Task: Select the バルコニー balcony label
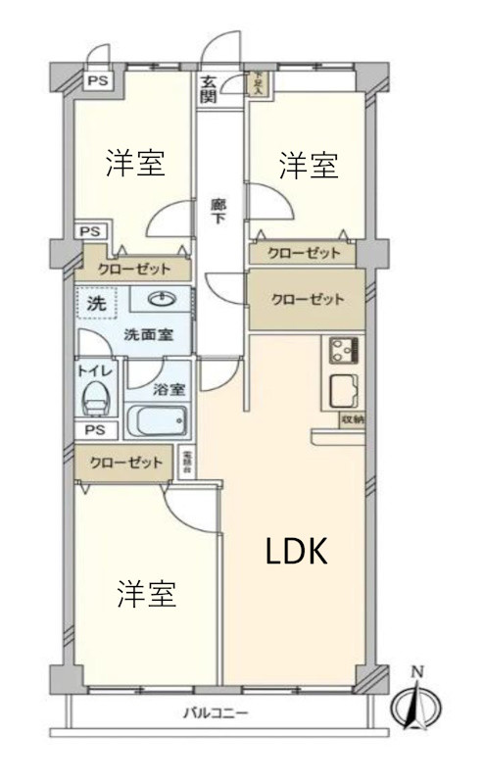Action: (x=216, y=712)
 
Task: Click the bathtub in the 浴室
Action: (x=158, y=422)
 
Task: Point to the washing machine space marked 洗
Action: (x=96, y=304)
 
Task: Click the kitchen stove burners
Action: (x=343, y=349)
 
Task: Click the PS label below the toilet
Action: (x=95, y=430)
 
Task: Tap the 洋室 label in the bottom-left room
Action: (x=147, y=594)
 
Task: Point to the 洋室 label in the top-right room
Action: (x=309, y=166)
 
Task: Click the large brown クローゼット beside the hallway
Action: (x=307, y=300)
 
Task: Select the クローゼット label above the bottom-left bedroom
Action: (x=125, y=462)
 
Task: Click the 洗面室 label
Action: (x=148, y=333)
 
